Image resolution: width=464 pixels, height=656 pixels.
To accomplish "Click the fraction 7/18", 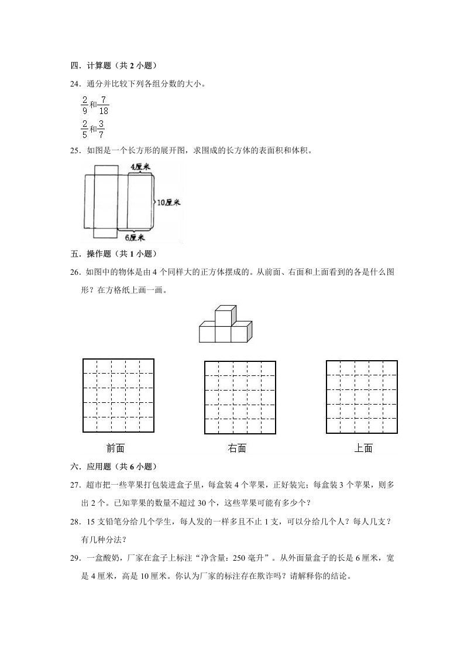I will coord(103,105).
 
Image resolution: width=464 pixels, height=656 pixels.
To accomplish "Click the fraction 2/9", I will coord(84,105).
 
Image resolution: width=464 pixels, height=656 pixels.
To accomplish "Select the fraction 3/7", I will coord(101,129).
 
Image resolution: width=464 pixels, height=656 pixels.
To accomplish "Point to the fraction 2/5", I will coord(84,129).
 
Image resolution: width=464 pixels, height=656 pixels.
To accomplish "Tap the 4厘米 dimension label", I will coord(140,167).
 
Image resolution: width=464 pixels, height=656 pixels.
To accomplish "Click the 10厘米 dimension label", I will coord(169,202).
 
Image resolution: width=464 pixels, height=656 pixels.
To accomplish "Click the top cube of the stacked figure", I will coord(225,315).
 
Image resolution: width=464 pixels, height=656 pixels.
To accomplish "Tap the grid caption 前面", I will coord(115,448).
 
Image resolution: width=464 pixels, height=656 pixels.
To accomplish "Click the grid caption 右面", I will coord(237,448).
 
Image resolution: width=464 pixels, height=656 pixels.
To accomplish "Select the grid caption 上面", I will coord(363,448).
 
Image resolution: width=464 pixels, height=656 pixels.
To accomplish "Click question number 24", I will coord(75,83).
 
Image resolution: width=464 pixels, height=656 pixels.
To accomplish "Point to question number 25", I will coord(75,150).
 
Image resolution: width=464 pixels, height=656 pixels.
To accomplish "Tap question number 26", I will coord(75,272).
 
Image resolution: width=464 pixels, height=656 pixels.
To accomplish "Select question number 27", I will coord(75,485).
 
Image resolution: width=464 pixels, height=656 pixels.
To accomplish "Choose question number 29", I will coord(75,558).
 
